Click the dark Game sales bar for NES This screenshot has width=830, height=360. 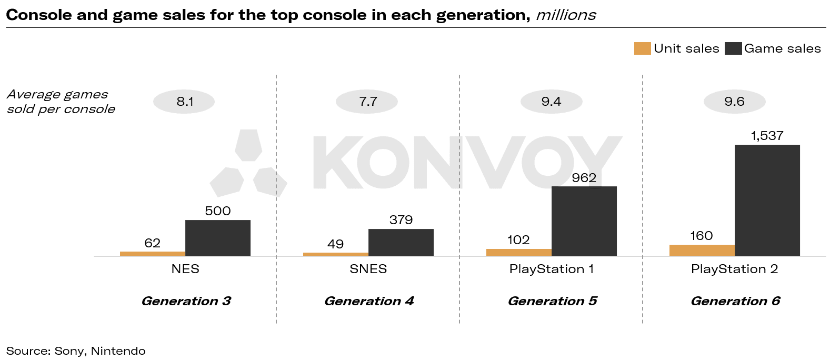[217, 238]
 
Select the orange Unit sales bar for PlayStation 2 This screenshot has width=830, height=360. [702, 251]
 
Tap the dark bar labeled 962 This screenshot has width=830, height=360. [584, 221]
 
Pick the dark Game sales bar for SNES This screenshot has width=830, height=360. [401, 242]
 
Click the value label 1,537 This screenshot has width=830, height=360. [767, 136]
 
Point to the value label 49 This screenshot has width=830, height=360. [335, 244]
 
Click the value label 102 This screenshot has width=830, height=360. [518, 240]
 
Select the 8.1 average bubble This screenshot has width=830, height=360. [184, 102]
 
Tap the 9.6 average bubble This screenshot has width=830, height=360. [734, 102]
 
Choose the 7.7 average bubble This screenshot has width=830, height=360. [367, 102]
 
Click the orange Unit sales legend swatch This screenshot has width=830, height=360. [642, 48]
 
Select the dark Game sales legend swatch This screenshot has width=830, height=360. [733, 48]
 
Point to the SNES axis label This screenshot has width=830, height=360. [368, 269]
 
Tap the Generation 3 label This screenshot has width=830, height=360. [186, 301]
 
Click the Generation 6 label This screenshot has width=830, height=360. [735, 301]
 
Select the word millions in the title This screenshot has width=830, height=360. [566, 15]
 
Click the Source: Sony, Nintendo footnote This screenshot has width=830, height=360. [76, 351]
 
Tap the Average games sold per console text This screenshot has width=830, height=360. [61, 102]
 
